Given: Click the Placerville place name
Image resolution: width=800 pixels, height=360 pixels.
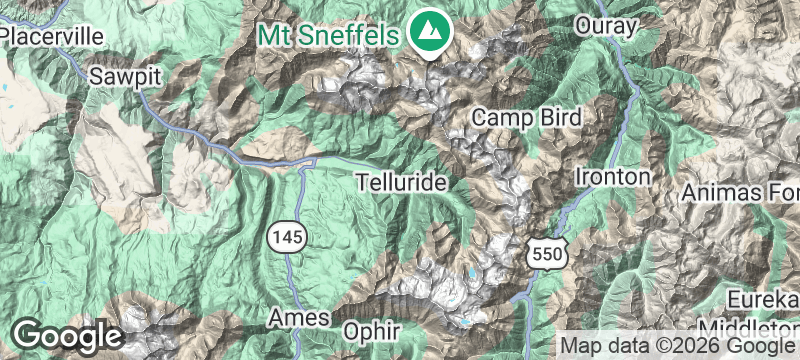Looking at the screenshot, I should coord(52,36).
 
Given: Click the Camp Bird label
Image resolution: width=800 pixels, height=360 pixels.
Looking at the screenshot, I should coord(526,117).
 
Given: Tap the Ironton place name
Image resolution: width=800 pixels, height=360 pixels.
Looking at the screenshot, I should coord(613,177).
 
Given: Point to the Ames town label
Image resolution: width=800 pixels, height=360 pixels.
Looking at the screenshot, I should coord(300,318).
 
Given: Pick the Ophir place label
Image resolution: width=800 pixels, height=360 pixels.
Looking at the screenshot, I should coord(371,330).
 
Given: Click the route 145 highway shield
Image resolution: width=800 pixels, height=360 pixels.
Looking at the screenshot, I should coord(286,238).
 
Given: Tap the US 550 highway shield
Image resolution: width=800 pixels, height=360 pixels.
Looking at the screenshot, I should coord(548,255).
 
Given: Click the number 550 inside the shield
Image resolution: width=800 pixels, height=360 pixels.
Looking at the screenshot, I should coord(548,257).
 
